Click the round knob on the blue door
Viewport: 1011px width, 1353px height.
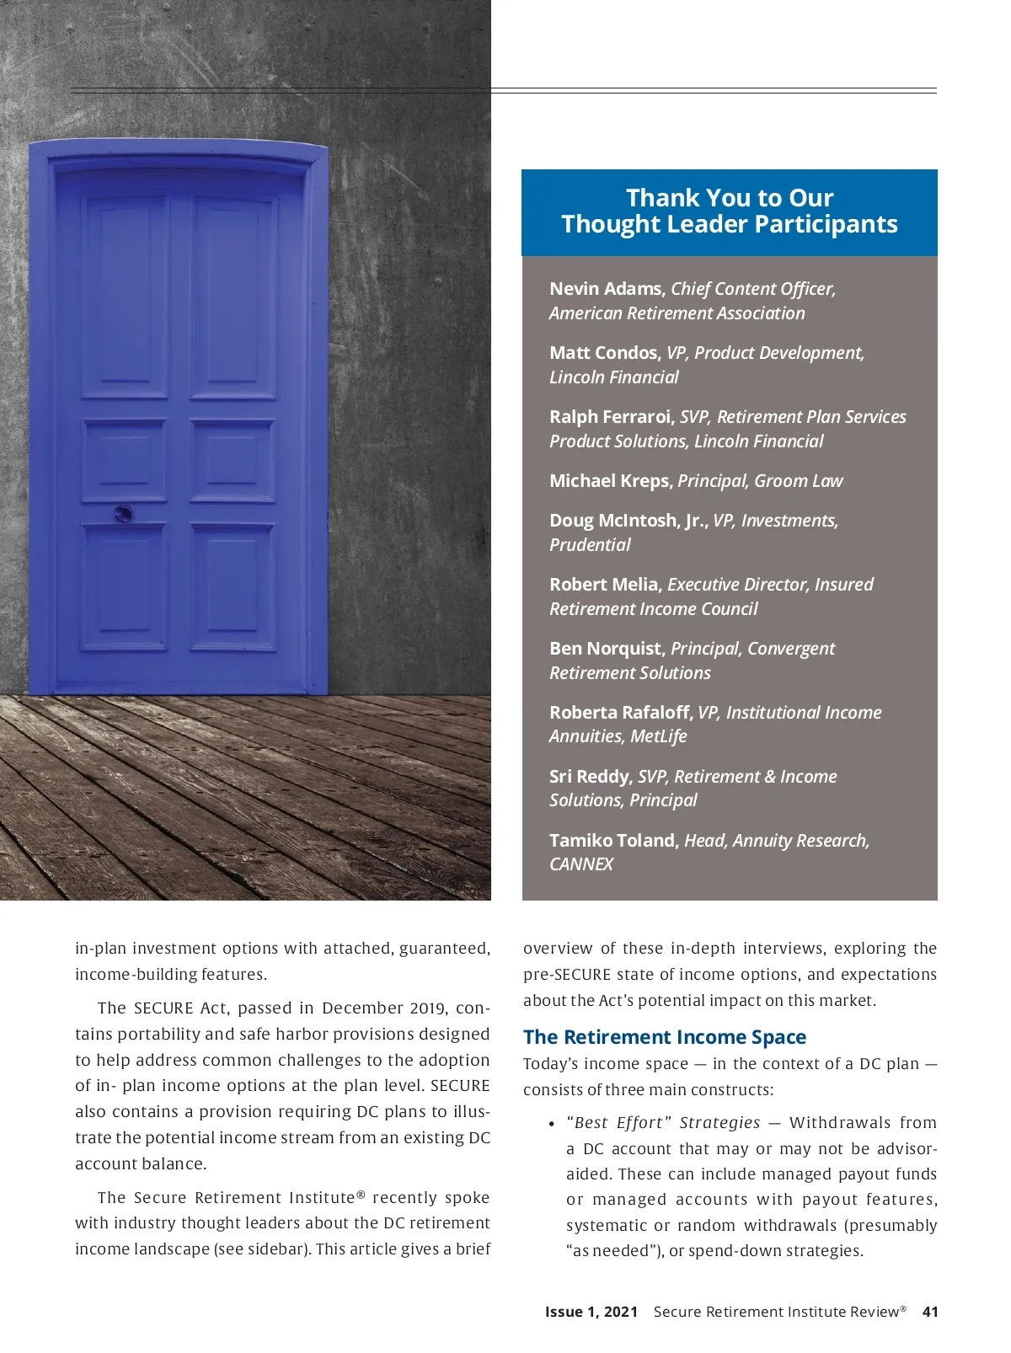tap(123, 513)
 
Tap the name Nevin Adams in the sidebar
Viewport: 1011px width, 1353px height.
tap(606, 289)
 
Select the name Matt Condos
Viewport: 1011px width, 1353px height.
tap(604, 353)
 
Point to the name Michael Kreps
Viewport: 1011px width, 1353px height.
tap(610, 481)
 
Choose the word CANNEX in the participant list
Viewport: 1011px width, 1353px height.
tap(581, 864)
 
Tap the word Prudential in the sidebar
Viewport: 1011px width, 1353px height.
tap(590, 545)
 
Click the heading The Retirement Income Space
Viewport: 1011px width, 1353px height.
tap(664, 1037)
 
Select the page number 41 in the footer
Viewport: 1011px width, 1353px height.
tap(930, 1312)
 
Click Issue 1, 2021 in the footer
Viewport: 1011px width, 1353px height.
tap(591, 1312)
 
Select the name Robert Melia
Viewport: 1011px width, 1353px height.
tap(604, 585)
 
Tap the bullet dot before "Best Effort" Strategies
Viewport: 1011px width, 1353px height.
tap(551, 1124)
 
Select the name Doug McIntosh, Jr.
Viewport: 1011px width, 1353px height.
tap(629, 521)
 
